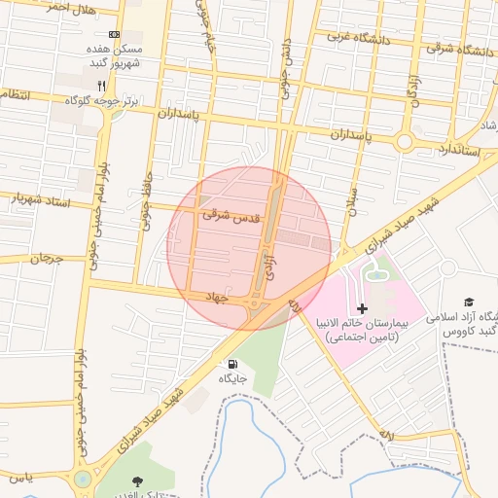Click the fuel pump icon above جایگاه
231,366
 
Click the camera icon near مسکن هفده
116,33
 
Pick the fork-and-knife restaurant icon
101,86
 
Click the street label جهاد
215,296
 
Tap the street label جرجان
46,260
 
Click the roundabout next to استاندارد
404,142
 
